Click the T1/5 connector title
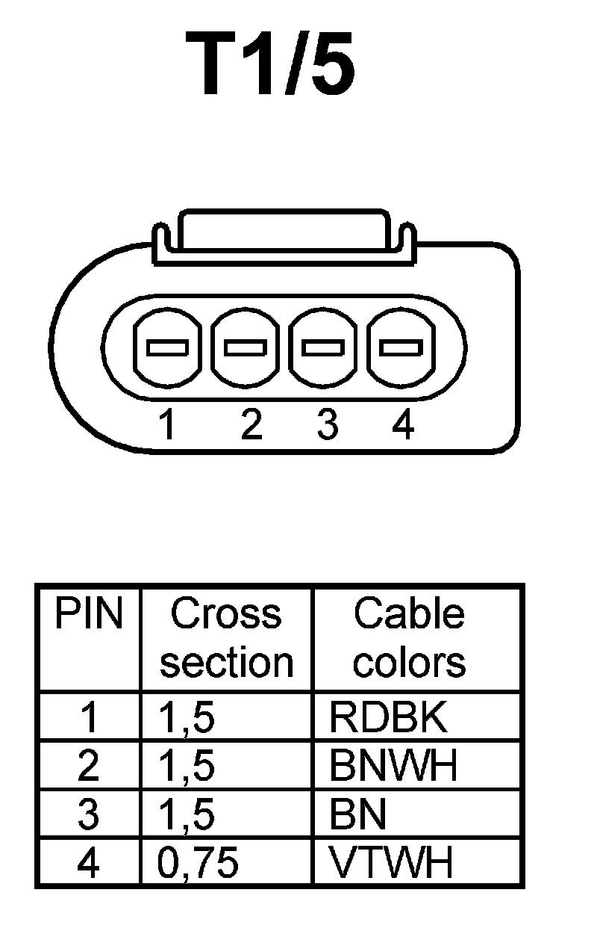pyautogui.click(x=277, y=66)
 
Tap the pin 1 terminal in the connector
pyautogui.click(x=167, y=348)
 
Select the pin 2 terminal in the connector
pyautogui.click(x=246, y=348)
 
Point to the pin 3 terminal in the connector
pyautogui.click(x=324, y=348)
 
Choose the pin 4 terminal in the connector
pyautogui.click(x=401, y=348)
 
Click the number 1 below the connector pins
pyautogui.click(x=167, y=426)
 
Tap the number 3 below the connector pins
pyautogui.click(x=327, y=426)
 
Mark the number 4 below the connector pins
pyautogui.click(x=403, y=426)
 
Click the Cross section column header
pyautogui.click(x=226, y=638)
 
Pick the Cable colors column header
pyautogui.click(x=409, y=638)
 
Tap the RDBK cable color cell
pyautogui.click(x=388, y=718)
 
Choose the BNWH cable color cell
pyautogui.click(x=393, y=767)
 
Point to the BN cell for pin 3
pyautogui.click(x=358, y=815)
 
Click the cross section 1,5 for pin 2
pyautogui.click(x=187, y=767)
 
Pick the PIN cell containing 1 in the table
pyautogui.click(x=88, y=718)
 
